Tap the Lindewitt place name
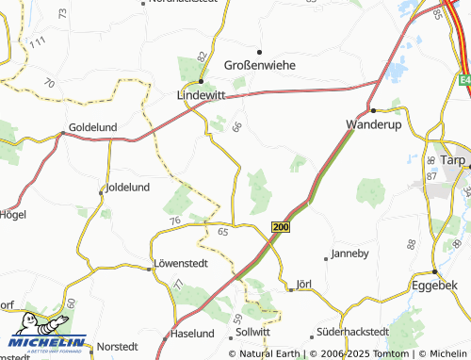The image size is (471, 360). (x=201, y=96)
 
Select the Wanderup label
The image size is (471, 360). (x=374, y=123)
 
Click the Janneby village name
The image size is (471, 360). (x=350, y=254)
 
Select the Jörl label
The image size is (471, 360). (x=304, y=283)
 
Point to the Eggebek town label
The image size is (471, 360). (x=434, y=284)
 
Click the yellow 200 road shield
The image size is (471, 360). (x=280, y=227)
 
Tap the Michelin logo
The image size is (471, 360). (x=44, y=335)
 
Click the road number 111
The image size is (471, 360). (x=37, y=42)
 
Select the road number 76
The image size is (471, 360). (x=174, y=221)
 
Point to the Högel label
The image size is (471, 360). (x=13, y=214)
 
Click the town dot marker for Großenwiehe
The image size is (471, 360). (x=260, y=51)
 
